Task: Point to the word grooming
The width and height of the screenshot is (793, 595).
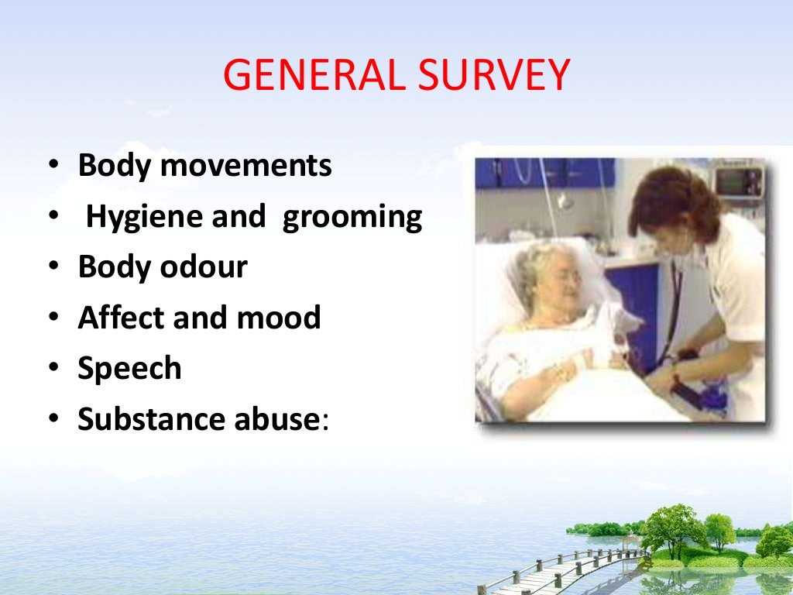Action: [x=352, y=218]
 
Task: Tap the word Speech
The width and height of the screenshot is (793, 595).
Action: [x=129, y=369]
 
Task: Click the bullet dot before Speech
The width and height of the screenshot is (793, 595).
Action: [x=52, y=369]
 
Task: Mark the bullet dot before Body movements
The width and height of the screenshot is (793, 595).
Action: [x=52, y=166]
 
